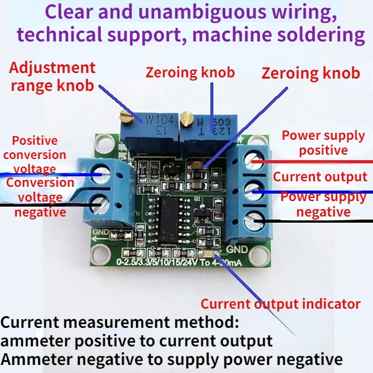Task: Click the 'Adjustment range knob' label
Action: pyautogui.click(x=52, y=76)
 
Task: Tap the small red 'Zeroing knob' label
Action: pyautogui.click(x=190, y=72)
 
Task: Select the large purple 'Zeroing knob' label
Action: pyautogui.click(x=311, y=73)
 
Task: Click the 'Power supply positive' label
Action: pyautogui.click(x=323, y=142)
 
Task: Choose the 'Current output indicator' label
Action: pyautogui.click(x=280, y=304)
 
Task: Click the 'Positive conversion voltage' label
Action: pyautogui.click(x=35, y=155)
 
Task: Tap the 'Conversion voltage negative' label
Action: pyautogui.click(x=38, y=197)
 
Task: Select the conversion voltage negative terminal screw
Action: pyautogui.click(x=99, y=201)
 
